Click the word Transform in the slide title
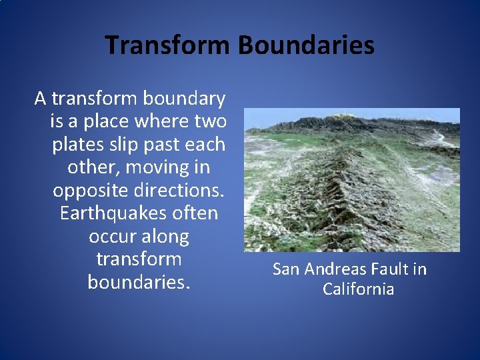(x=167, y=45)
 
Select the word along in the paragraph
(x=169, y=237)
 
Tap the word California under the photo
(x=358, y=289)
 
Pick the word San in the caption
(x=287, y=270)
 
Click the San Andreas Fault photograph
(x=352, y=179)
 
